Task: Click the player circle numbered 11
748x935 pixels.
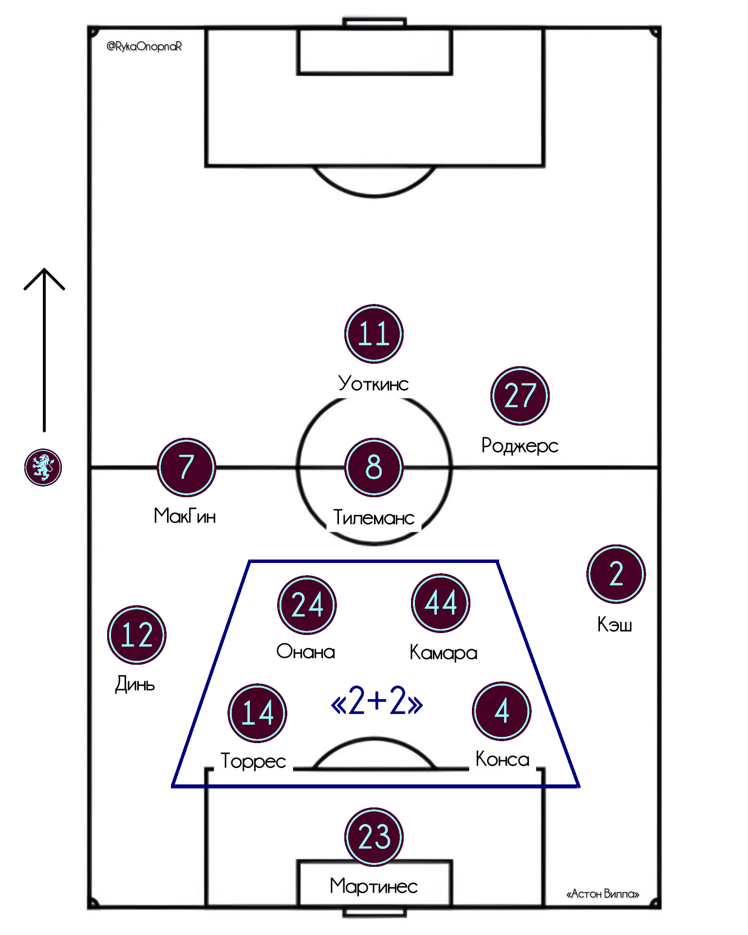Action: point(374,334)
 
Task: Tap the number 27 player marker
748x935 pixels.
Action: point(520,395)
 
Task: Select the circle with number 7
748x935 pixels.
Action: point(186,467)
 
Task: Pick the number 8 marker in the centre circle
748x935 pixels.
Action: point(374,467)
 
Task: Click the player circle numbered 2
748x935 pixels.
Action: point(616,574)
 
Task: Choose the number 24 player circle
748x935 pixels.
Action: point(307,605)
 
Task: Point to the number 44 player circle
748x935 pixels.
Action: point(440,603)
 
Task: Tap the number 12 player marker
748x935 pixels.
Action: point(136,635)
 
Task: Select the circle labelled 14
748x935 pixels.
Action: point(257,712)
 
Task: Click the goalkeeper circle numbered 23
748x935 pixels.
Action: point(374,837)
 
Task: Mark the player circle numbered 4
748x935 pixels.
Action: point(502,711)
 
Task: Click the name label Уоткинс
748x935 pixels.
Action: point(374,384)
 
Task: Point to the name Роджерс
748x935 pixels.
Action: point(520,446)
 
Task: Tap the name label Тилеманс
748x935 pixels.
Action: point(374,518)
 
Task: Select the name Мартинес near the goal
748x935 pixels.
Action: point(374,886)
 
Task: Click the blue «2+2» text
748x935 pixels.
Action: point(376,701)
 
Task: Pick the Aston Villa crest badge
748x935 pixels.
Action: point(43,467)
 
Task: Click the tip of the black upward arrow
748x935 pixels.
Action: point(44,269)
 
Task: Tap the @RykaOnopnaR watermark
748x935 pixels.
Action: point(144,46)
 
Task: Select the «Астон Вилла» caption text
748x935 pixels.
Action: point(602,894)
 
